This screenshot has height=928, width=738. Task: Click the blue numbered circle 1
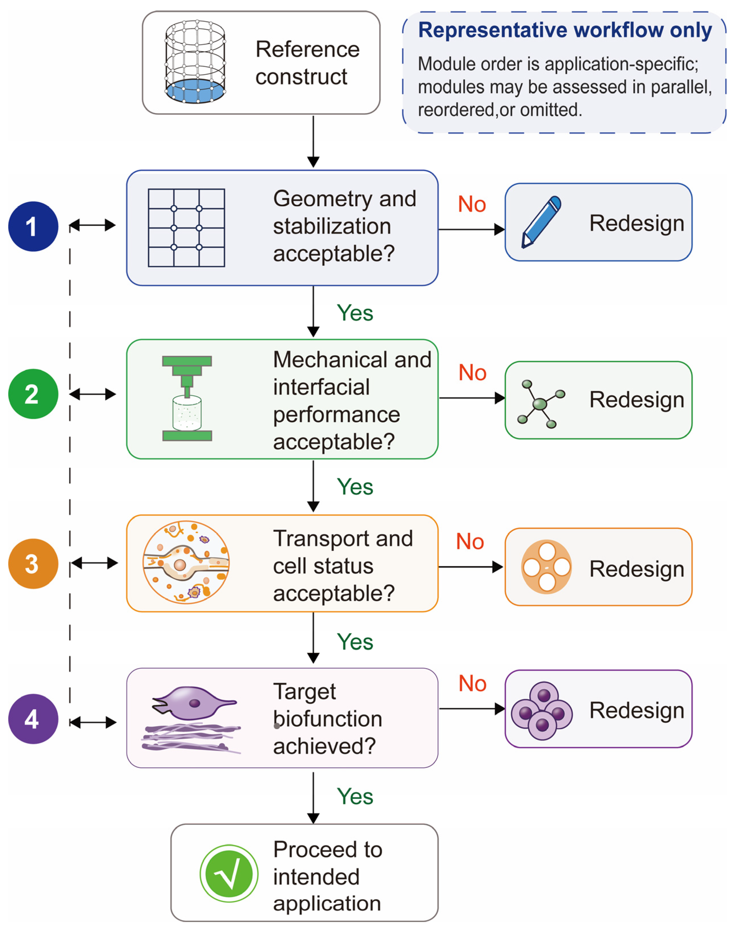[x=33, y=226]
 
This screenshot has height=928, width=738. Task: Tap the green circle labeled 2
[x=33, y=394]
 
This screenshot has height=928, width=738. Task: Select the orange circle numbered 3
[x=33, y=563]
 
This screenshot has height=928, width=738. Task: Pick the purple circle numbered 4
[x=33, y=719]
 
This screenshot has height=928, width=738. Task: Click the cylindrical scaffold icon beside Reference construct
[x=195, y=62]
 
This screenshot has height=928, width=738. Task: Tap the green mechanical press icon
[x=187, y=398]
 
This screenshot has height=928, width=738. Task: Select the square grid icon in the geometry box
[x=186, y=228]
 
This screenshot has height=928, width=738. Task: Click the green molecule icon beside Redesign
[x=541, y=404]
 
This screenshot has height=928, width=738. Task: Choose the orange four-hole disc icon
[x=547, y=567]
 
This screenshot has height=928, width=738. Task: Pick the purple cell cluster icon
[x=542, y=711]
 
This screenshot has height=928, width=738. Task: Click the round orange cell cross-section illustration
[x=186, y=562]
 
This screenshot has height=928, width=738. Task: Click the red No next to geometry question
[x=472, y=204]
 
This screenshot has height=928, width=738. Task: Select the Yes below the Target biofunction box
[x=355, y=796]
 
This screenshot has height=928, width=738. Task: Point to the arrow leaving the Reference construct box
[x=313, y=142]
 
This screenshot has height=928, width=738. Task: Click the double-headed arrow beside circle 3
[x=94, y=563]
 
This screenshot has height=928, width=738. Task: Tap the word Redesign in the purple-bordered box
[x=636, y=711]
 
